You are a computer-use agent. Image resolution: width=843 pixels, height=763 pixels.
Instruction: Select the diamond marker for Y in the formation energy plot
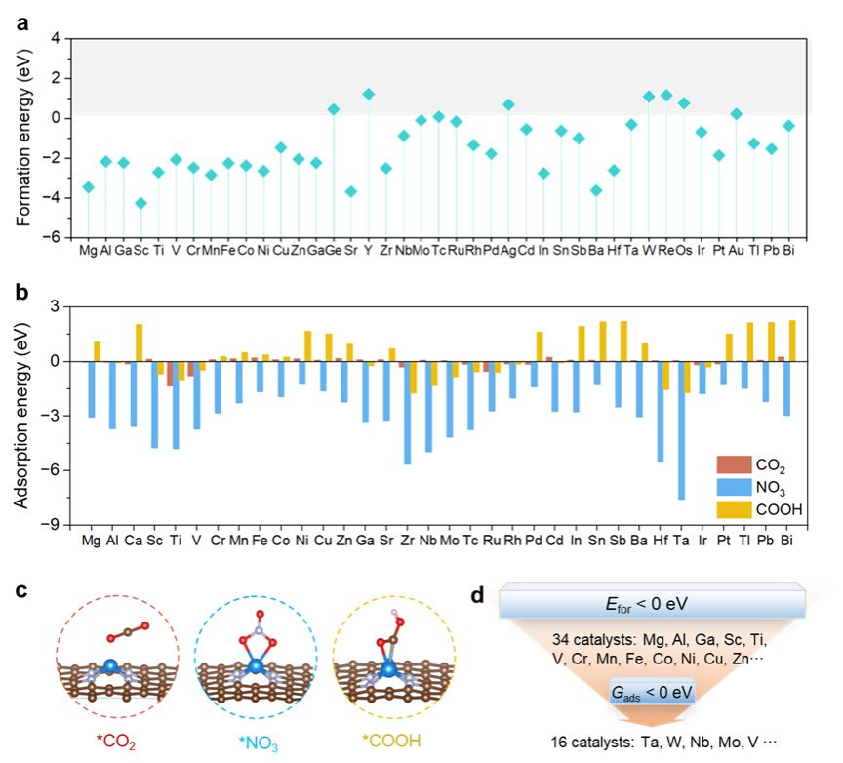point(368,94)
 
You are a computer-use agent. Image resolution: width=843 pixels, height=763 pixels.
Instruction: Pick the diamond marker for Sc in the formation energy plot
point(140,203)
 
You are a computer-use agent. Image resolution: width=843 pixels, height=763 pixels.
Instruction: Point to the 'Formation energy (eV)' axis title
point(22,137)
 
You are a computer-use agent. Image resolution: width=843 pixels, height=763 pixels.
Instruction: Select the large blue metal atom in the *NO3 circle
point(255,669)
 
